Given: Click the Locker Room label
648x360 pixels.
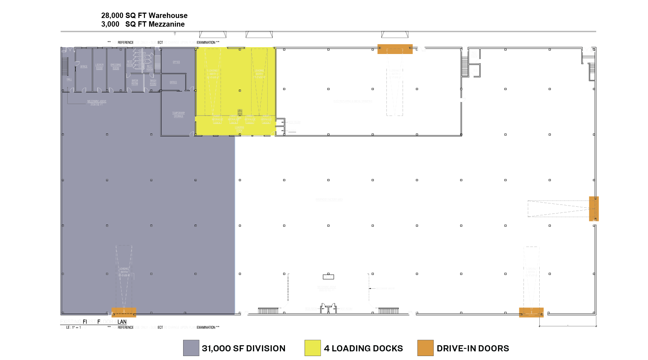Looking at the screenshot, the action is click(99, 67).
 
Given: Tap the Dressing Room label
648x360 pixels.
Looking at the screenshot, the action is click(116, 67).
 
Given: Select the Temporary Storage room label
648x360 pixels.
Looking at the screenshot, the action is click(178, 114).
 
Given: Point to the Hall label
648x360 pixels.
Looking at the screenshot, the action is click(69, 79).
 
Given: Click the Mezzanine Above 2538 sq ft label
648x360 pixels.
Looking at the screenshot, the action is click(97, 103).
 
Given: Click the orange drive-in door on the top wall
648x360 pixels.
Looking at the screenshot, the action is click(395, 49).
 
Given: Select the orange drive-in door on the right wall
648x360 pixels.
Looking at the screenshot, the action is click(594, 209).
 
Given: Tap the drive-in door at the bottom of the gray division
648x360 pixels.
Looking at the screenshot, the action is click(124, 312).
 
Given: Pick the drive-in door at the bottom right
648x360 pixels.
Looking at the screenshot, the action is click(531, 312).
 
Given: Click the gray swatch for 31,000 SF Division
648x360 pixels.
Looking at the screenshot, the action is click(191, 348).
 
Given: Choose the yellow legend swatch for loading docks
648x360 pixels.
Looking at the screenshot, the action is click(312, 348).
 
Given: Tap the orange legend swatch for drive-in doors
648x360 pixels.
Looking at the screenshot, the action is click(425, 348).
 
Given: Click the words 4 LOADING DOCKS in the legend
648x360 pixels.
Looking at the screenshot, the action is click(363, 348).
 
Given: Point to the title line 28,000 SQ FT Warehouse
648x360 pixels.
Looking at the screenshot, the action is click(144, 15).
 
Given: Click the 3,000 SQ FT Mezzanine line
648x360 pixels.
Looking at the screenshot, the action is click(143, 24).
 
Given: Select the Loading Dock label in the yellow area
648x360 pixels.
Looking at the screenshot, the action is click(239, 129).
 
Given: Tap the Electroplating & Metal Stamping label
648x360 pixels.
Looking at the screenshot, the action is click(353, 101).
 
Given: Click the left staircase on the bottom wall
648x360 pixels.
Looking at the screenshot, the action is click(268, 311).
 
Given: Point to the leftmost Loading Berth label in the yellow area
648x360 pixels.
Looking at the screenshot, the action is click(213, 74).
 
